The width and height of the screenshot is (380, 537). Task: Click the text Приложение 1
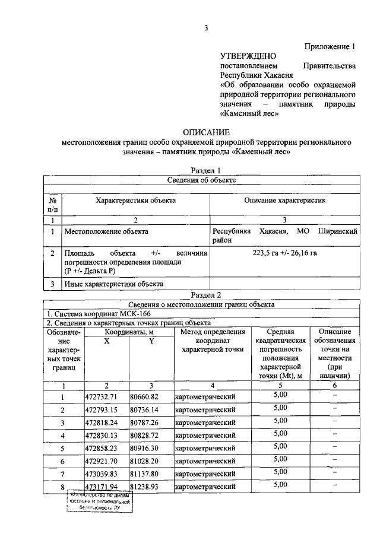tap(330, 46)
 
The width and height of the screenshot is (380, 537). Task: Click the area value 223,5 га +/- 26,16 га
tap(285, 253)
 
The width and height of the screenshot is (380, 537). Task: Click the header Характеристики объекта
tap(136, 201)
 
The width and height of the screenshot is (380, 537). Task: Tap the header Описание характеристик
tap(285, 201)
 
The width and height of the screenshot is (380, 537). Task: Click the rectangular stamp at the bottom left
tap(99, 502)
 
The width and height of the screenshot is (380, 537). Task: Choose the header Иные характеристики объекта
tap(115, 284)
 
